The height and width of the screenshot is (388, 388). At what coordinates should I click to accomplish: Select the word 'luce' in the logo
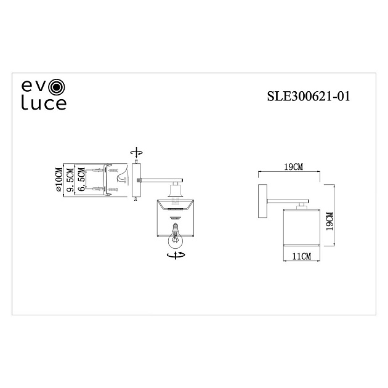click(x=44, y=103)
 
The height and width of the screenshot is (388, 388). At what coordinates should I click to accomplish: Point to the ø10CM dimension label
click(x=59, y=180)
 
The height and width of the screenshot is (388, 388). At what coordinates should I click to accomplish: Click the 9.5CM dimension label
click(x=70, y=180)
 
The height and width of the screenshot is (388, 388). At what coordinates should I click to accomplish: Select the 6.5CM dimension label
click(x=81, y=180)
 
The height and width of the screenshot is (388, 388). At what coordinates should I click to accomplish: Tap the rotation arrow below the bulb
click(x=175, y=253)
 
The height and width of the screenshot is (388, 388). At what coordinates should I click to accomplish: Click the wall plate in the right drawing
click(x=263, y=201)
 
